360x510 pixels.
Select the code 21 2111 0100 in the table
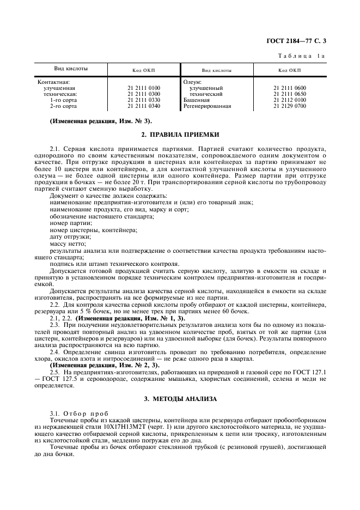click(144, 88)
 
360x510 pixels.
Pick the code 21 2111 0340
click(144, 106)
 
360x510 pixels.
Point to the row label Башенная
click(197, 100)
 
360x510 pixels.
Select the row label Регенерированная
click(207, 106)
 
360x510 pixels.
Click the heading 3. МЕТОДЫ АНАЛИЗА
click(180, 399)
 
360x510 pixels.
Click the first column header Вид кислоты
click(71, 69)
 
